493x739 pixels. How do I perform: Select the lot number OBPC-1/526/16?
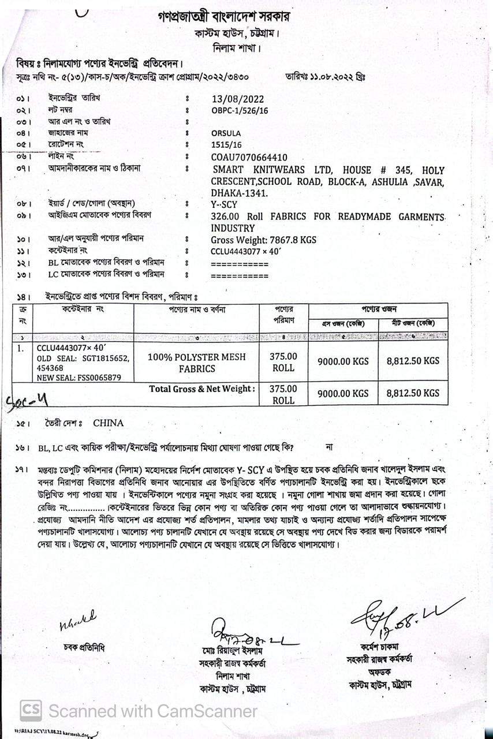[x=240, y=110]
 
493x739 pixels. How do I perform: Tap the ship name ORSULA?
[x=226, y=133]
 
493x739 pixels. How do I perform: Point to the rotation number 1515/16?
[x=226, y=145]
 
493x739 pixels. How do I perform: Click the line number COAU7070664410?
[x=249, y=157]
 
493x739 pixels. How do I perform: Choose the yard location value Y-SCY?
[x=225, y=204]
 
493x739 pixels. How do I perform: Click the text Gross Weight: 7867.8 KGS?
[x=263, y=240]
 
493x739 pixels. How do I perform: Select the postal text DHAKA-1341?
[x=236, y=193]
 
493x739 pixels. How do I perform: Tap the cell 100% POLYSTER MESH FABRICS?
[x=196, y=363]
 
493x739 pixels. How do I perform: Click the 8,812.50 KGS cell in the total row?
[x=413, y=393]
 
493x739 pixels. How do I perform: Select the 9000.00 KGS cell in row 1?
[x=343, y=361]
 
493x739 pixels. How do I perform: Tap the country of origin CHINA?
[x=108, y=423]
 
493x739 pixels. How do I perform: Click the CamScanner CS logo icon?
[x=31, y=710]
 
